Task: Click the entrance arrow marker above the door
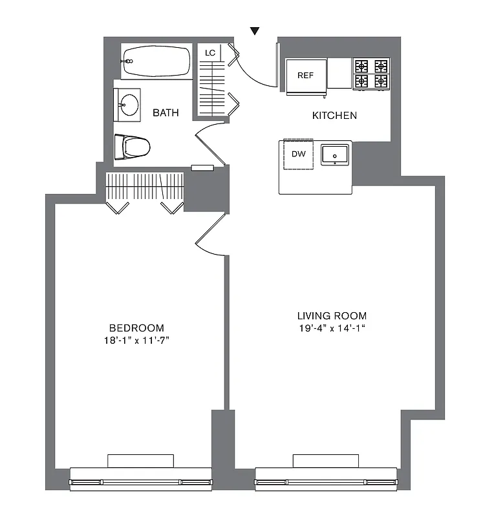coord(255,30)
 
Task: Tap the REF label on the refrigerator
coord(305,76)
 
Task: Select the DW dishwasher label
coord(298,154)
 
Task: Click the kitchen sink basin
coord(335,154)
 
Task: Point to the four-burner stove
coord(371,74)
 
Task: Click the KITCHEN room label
coord(334,116)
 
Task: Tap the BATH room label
coord(166,113)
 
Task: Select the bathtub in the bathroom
coord(156,62)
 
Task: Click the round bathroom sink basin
coord(129,105)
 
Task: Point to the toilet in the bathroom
coord(133,147)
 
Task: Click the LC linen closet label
coord(210,53)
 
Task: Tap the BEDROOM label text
coord(136,328)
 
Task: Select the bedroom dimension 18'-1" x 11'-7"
coord(136,339)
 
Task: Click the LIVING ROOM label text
coord(332,316)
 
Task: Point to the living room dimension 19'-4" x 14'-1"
coord(332,328)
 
